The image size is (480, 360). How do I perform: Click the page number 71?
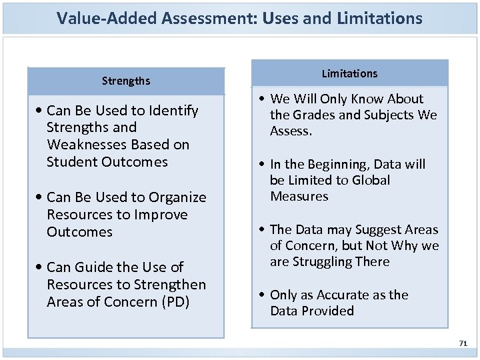pos(463,343)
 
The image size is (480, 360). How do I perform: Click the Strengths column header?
pos(126,81)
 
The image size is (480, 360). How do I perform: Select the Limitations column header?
pos(349,73)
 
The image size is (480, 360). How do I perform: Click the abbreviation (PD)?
pos(175,301)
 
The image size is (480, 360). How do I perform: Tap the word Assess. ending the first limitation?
pos(291,131)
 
